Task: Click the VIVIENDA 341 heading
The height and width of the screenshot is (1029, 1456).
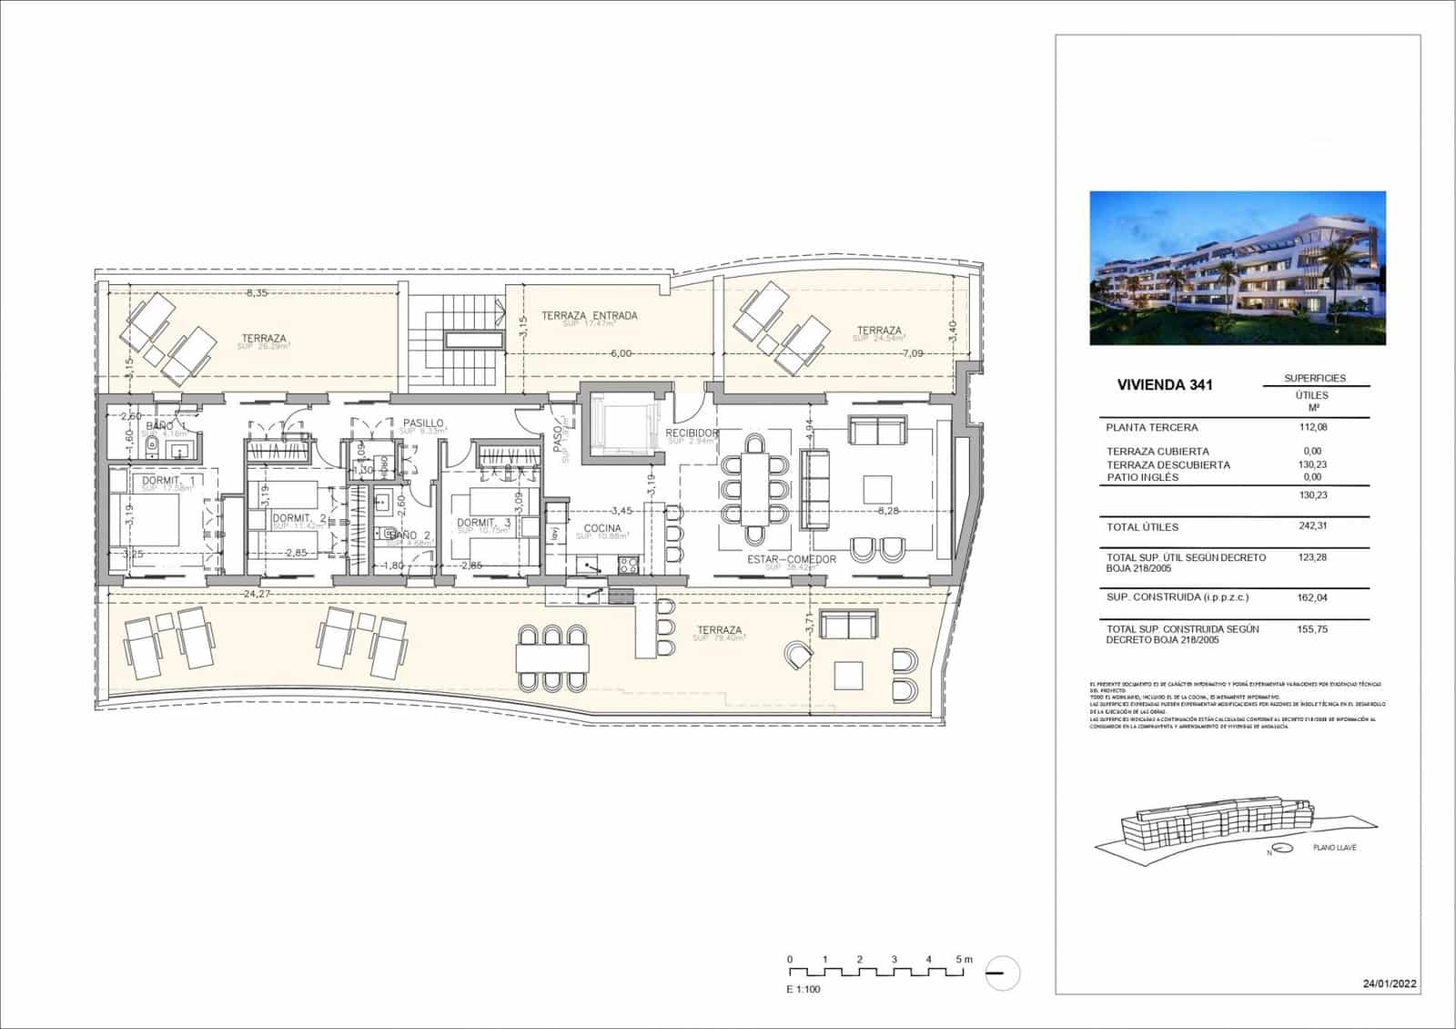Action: click(1164, 384)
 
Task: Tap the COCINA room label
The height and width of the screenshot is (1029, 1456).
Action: click(602, 528)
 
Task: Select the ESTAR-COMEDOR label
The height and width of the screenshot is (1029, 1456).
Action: click(791, 559)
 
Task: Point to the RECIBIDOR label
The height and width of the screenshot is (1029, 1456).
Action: click(692, 433)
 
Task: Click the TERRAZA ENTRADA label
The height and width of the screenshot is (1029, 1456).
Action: click(589, 316)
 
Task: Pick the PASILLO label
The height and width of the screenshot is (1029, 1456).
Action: click(423, 423)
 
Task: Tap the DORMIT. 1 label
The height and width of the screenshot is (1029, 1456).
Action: click(168, 480)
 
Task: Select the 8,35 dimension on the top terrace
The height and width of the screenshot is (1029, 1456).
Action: click(257, 293)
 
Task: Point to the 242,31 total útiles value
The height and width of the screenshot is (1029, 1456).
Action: click(1311, 525)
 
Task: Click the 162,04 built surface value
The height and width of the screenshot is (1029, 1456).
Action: click(1311, 597)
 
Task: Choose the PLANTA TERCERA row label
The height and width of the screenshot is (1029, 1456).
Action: click(1151, 427)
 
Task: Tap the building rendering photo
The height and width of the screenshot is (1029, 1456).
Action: click(1237, 268)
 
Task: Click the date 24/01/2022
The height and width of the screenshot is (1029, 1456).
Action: click(1389, 983)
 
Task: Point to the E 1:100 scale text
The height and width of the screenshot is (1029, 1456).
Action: click(804, 989)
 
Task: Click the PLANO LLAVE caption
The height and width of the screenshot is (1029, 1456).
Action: click(1334, 848)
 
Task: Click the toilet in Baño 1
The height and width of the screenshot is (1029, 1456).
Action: click(152, 446)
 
